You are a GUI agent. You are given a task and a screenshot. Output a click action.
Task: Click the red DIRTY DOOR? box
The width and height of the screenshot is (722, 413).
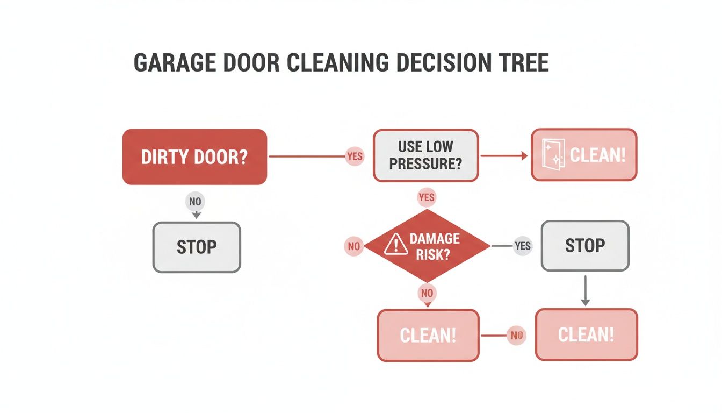point(194,157)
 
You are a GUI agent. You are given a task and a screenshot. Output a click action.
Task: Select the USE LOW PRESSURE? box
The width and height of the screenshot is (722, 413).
point(425,155)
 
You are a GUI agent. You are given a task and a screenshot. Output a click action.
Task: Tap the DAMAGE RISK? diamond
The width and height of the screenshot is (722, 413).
point(427,246)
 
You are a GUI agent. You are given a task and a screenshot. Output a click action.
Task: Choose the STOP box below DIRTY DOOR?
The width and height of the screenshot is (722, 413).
point(197,247)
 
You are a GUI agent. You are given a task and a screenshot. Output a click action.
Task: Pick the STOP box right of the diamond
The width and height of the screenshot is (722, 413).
point(584,246)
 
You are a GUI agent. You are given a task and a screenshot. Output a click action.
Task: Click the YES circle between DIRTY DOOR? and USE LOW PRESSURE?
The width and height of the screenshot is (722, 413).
point(355,156)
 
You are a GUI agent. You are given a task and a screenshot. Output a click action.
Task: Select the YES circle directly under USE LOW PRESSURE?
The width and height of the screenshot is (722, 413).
point(426,197)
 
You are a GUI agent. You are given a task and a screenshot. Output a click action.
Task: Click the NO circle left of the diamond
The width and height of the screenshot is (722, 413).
point(353,246)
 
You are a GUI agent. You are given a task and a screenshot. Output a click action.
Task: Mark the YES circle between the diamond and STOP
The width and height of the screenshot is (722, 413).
point(522,246)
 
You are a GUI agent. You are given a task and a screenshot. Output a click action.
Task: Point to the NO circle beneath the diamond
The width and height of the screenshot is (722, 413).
point(427,293)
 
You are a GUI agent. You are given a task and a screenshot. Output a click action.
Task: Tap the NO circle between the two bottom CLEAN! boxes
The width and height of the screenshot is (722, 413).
point(516,336)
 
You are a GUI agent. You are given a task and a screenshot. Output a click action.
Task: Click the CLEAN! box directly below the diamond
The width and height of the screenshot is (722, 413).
point(428,336)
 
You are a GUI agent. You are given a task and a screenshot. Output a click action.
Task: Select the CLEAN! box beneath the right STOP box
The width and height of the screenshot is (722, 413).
point(586,334)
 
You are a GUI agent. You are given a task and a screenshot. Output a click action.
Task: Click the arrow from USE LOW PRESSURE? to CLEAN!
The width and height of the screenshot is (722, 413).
point(504,156)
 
